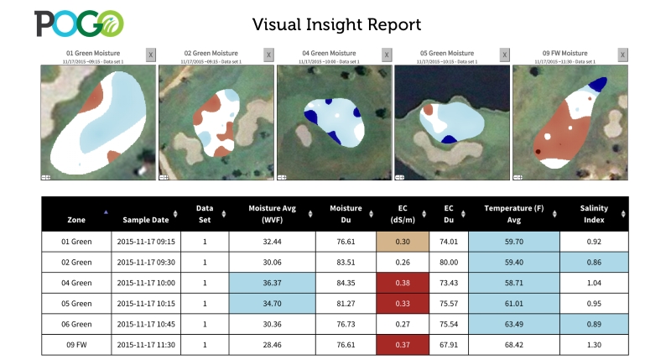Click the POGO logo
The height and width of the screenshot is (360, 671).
(79, 23)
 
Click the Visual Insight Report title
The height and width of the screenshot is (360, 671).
(336, 23)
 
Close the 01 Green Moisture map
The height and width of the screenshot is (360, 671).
(150, 55)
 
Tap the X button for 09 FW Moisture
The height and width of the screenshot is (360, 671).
(622, 55)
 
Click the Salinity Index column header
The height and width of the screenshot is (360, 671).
(593, 213)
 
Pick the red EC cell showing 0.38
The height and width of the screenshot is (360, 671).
(403, 283)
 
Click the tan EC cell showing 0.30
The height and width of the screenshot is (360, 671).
(403, 241)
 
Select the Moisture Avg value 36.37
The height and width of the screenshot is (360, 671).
(272, 283)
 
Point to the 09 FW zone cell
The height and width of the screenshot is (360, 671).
(76, 344)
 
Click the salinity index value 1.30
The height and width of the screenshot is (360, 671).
(593, 344)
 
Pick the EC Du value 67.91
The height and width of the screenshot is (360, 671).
(449, 344)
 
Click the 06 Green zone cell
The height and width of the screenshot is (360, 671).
(76, 324)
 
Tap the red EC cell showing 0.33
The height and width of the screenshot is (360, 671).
(403, 303)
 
